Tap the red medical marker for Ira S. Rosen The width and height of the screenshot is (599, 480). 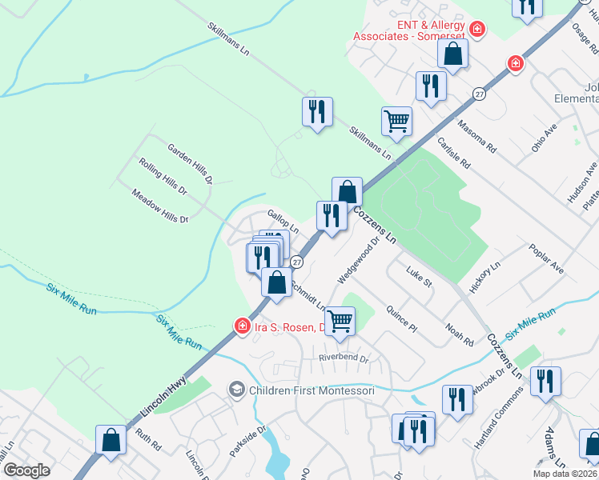pos(241,326)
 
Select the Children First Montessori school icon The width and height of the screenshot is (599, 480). pos(237,390)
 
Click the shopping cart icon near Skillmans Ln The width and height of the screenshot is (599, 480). pos(396,122)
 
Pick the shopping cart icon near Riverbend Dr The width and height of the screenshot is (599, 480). pos(340,321)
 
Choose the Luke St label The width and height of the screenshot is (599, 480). pos(419,277)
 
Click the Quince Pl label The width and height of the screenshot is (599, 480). pos(401,318)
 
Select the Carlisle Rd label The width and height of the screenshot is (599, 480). pos(453,152)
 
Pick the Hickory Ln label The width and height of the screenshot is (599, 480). pos(484,276)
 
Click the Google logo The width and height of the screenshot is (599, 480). pos(26,470)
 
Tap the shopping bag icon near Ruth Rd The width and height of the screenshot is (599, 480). pos(111,440)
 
